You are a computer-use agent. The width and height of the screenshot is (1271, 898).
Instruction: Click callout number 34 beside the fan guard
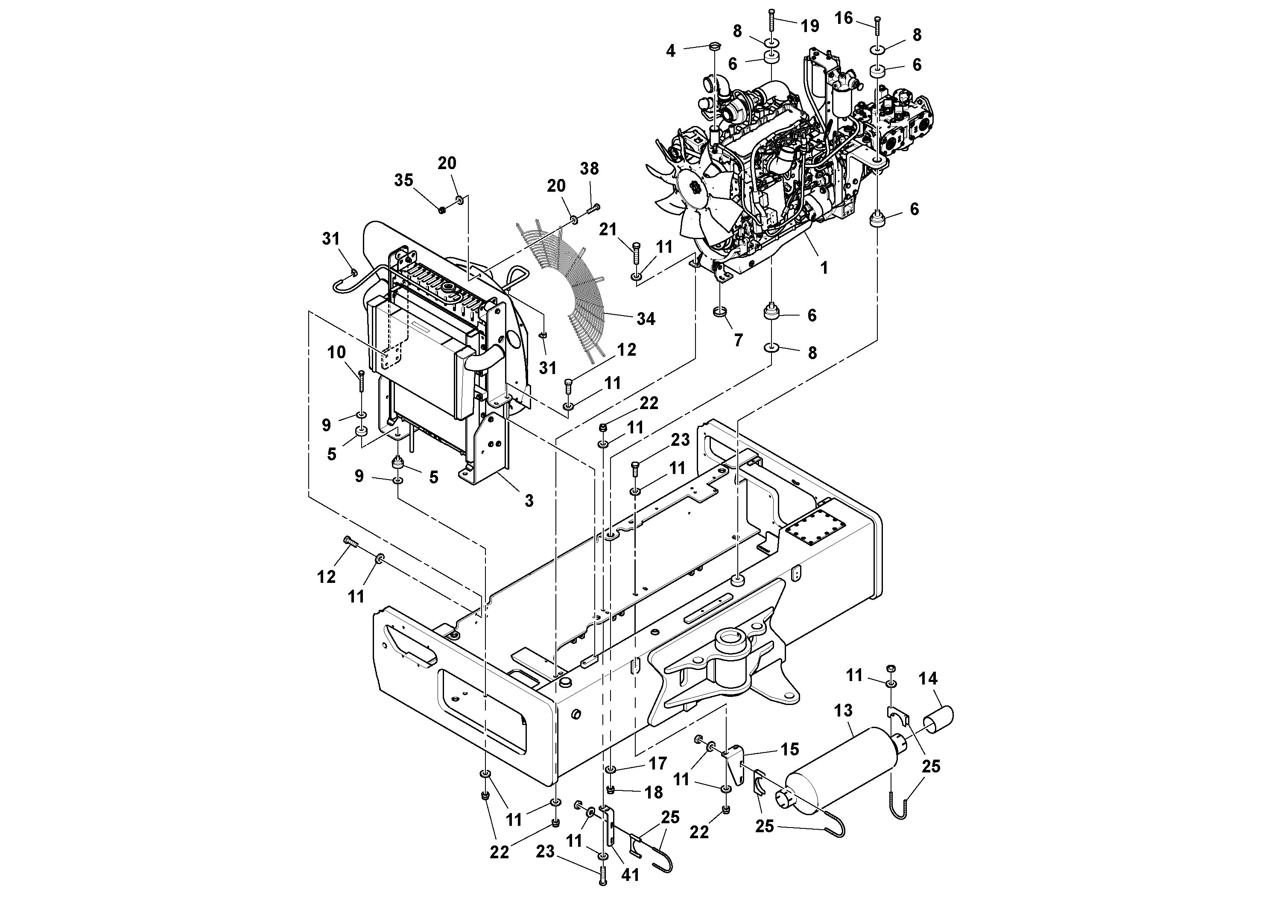click(x=646, y=319)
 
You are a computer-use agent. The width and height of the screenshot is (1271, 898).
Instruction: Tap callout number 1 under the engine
click(x=824, y=268)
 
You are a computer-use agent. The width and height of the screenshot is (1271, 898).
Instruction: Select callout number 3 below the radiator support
click(x=529, y=500)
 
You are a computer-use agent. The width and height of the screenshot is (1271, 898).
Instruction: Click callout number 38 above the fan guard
click(x=590, y=168)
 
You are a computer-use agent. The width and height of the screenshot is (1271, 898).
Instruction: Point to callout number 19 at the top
click(x=810, y=26)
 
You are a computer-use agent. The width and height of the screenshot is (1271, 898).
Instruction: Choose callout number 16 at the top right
click(x=844, y=18)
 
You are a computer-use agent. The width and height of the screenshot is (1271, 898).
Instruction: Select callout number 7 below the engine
click(x=739, y=340)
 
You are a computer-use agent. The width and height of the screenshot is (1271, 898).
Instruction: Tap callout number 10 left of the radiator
click(x=336, y=352)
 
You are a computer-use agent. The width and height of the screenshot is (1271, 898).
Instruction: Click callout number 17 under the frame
click(x=657, y=763)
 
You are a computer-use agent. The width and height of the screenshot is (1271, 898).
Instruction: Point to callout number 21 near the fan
click(x=608, y=229)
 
